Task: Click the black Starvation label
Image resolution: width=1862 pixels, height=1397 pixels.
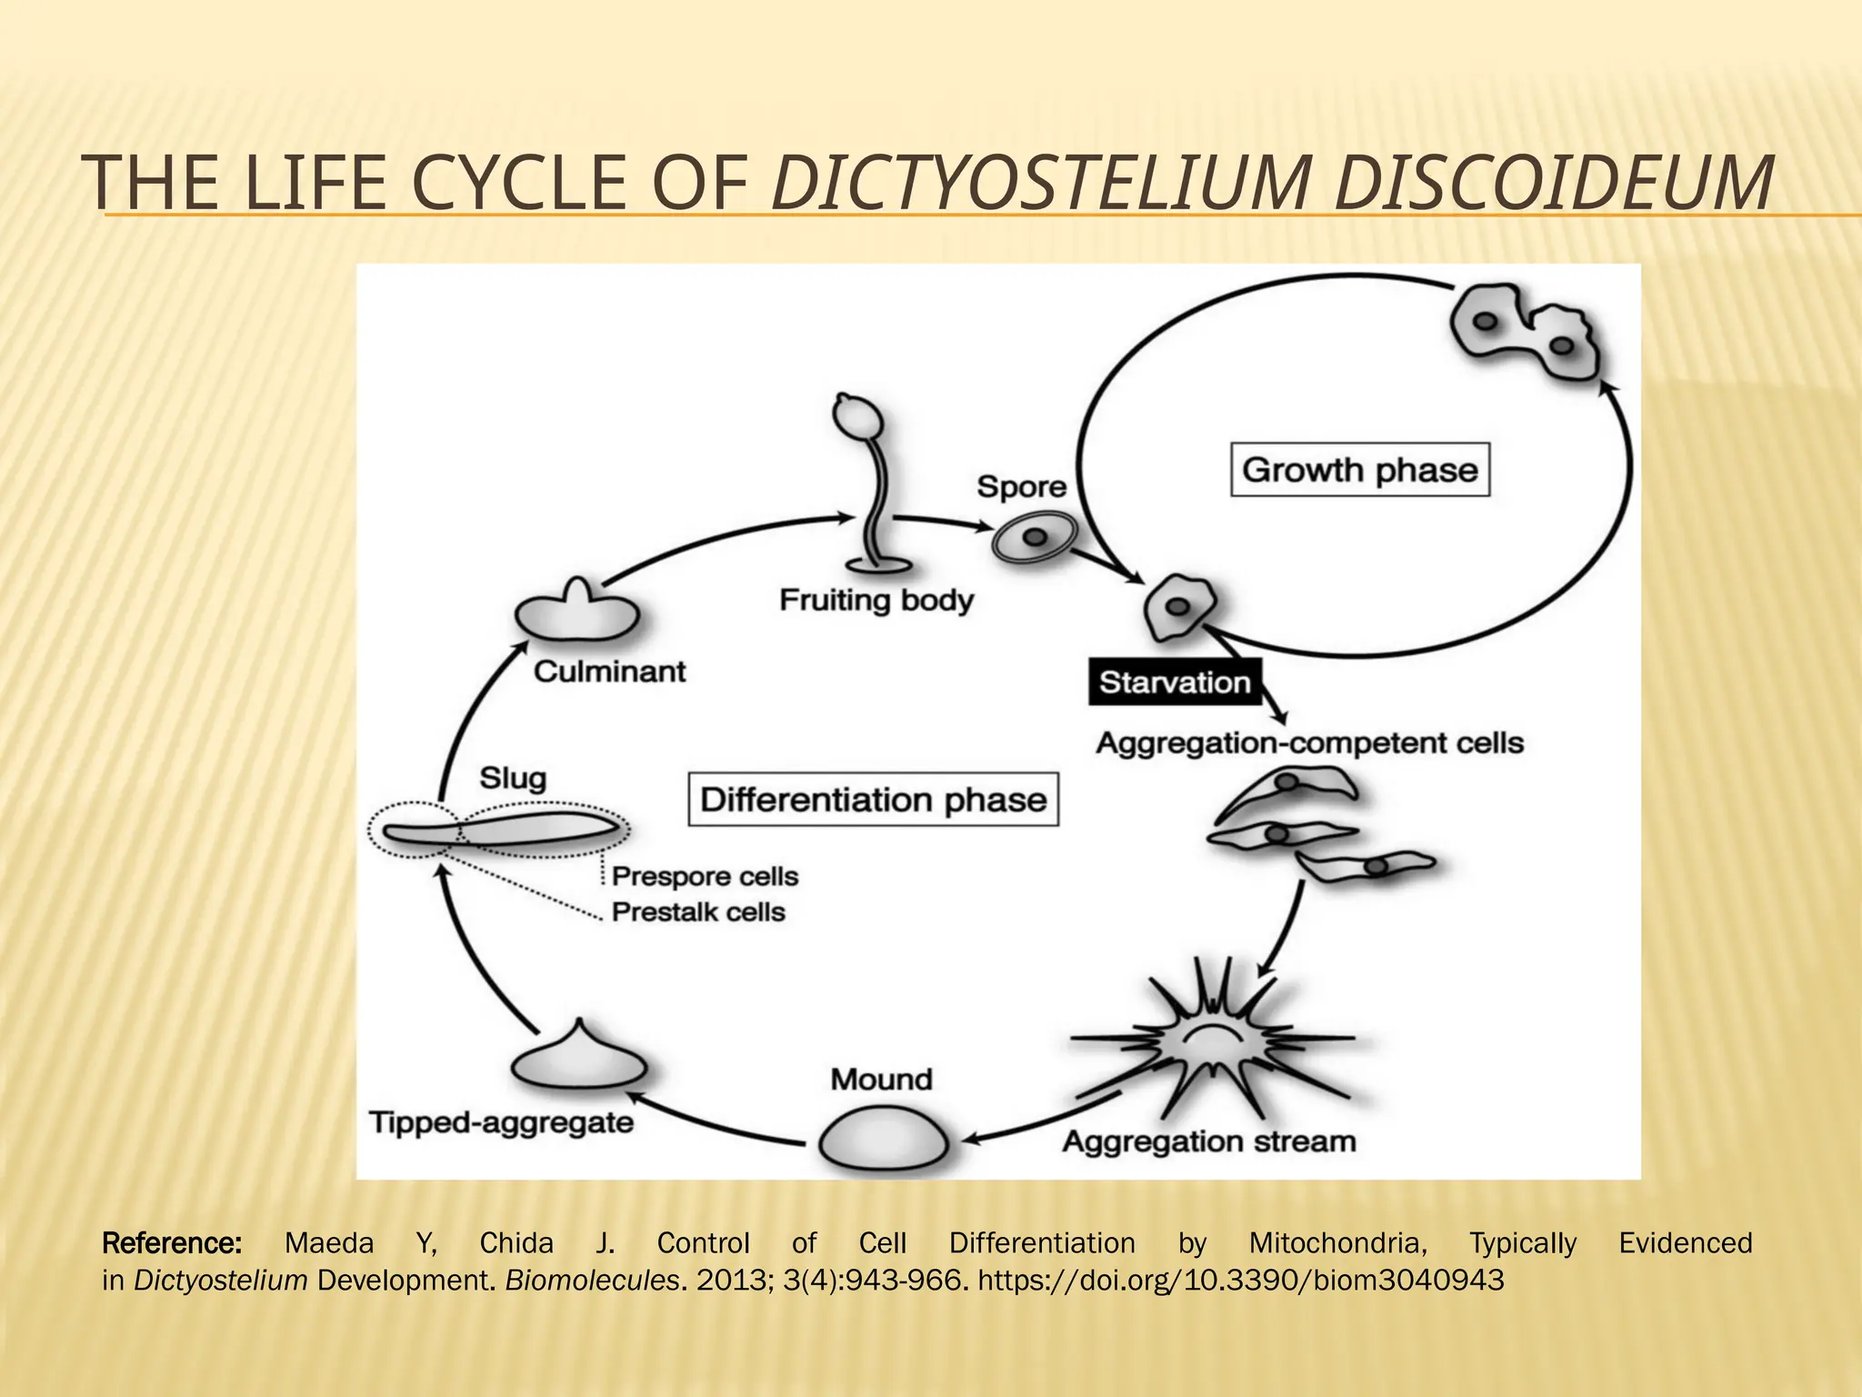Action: [1174, 682]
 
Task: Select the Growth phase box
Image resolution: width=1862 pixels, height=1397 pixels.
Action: [1359, 469]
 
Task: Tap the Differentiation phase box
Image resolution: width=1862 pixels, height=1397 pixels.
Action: [873, 799]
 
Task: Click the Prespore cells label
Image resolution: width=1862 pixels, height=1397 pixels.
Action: [705, 876]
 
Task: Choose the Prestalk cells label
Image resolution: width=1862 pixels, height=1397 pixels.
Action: [697, 911]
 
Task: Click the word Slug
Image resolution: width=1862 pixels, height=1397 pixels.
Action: [513, 778]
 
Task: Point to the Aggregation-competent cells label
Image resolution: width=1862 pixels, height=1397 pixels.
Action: [1309, 743]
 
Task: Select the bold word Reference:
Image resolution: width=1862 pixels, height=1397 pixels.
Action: [172, 1242]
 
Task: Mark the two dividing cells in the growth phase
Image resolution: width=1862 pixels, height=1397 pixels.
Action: [1525, 333]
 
